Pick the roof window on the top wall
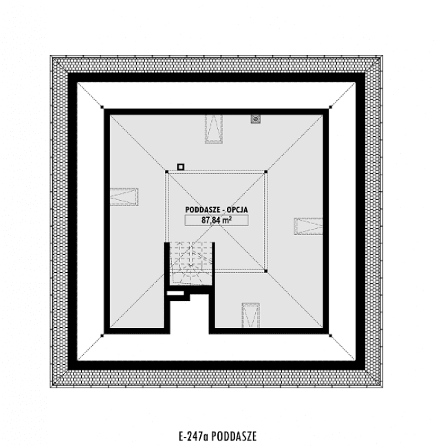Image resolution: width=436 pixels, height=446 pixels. pos(213,129)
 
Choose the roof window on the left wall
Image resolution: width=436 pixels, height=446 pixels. pos(124,197)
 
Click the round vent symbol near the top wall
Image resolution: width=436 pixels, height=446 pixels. pos(256,119)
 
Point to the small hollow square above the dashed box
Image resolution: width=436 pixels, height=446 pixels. pos(181,166)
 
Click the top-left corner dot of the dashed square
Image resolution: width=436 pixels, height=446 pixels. pos(167,172)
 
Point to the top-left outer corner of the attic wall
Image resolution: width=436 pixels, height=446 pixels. pos(103,109)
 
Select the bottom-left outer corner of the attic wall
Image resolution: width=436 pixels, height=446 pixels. pos(103,333)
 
